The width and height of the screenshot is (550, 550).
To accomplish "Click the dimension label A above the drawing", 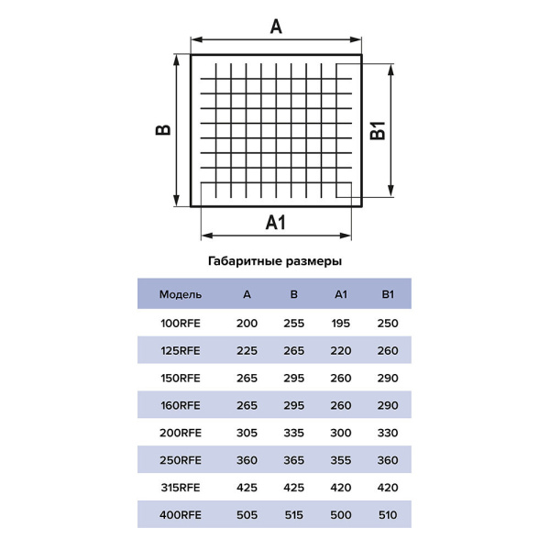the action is [x=276, y=27].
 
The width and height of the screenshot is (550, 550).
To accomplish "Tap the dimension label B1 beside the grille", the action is [x=378, y=131].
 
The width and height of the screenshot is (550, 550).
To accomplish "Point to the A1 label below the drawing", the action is [x=276, y=223].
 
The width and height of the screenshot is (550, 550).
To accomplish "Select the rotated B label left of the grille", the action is [x=163, y=130].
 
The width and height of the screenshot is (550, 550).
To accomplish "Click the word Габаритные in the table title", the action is [x=245, y=261].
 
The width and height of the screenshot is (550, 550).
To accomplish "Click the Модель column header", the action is [x=181, y=294].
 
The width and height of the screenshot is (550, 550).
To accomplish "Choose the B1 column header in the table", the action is [x=388, y=294].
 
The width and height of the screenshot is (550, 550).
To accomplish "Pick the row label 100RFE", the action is [x=181, y=323].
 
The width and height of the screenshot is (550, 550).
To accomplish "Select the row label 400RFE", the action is [x=181, y=515].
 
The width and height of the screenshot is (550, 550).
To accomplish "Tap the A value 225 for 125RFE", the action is [x=247, y=350].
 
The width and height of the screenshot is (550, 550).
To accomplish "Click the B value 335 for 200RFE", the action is [x=294, y=433].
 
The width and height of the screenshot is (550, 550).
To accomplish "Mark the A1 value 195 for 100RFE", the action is [x=341, y=323].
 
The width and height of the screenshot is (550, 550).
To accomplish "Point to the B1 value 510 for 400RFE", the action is [x=388, y=515].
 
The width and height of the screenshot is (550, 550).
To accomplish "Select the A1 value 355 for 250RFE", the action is [x=341, y=460].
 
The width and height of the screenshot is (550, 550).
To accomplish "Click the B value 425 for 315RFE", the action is [x=294, y=488].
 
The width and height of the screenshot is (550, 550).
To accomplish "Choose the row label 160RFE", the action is [x=181, y=405].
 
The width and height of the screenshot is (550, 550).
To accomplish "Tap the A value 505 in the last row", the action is [x=247, y=515].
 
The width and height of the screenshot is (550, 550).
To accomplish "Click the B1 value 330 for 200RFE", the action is [x=388, y=433].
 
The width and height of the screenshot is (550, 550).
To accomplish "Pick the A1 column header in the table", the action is [x=341, y=294].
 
